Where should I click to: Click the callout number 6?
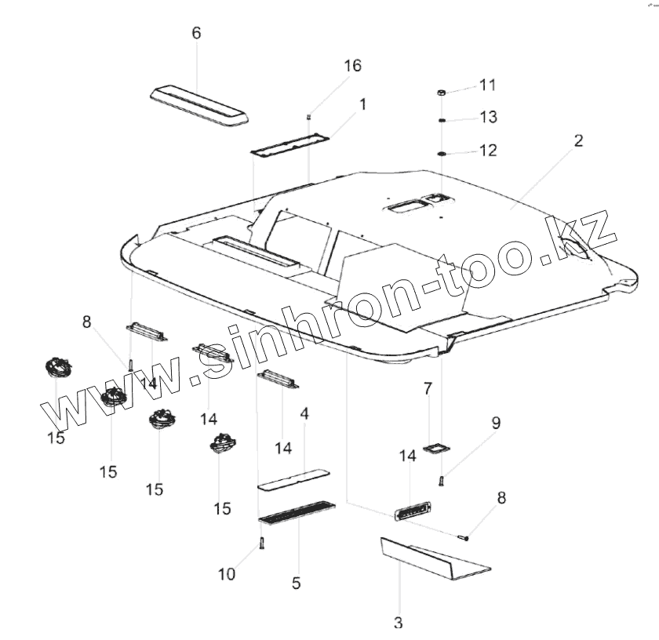(196, 33)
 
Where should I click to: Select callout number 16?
(352, 65)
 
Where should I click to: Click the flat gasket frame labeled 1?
(289, 145)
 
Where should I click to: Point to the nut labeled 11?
(442, 93)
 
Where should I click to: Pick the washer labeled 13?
(442, 120)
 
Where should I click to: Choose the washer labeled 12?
(442, 151)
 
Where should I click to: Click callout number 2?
(578, 141)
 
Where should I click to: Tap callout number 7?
(428, 388)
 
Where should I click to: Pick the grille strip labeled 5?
(296, 512)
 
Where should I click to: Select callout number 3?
(399, 624)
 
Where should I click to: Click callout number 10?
(226, 574)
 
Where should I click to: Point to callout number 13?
(488, 117)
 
